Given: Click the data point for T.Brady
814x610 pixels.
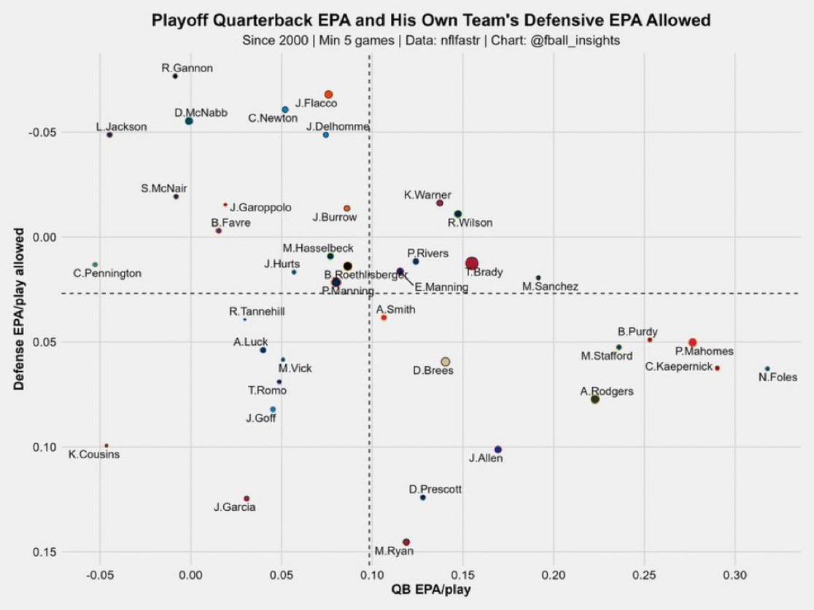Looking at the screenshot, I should click(x=472, y=264).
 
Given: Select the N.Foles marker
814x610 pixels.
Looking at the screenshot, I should click(x=767, y=369).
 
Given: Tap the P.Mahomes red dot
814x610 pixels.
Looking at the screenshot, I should click(x=692, y=343).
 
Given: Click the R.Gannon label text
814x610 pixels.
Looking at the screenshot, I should click(x=187, y=69).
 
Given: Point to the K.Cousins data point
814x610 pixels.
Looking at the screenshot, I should click(x=106, y=445).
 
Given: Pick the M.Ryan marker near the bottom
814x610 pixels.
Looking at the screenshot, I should click(x=406, y=542).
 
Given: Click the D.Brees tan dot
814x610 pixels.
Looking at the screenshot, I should click(x=446, y=361).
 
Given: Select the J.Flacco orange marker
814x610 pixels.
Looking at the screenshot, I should click(x=328, y=95).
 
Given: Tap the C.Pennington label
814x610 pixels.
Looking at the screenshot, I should click(x=107, y=273).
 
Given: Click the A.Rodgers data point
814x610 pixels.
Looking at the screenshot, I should click(x=595, y=399).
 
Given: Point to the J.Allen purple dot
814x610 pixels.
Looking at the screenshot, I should click(x=498, y=450).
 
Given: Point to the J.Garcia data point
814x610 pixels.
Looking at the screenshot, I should click(x=247, y=498).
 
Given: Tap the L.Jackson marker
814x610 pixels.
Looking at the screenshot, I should click(x=109, y=135).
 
